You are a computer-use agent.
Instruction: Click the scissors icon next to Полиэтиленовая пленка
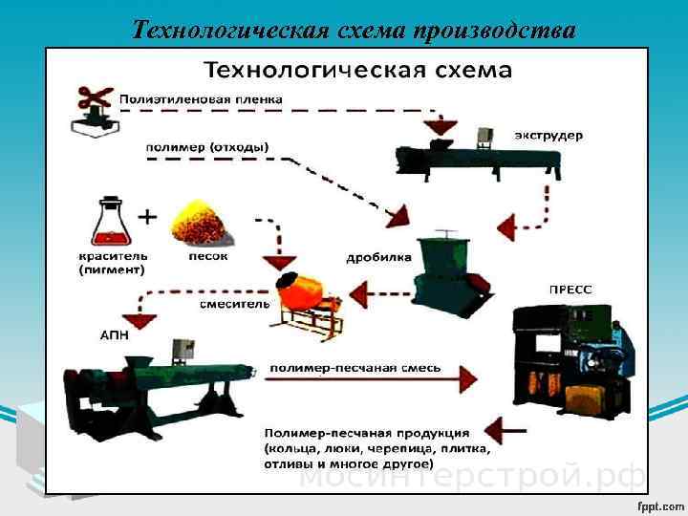(x=94, y=106)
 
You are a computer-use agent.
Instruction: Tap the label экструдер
(x=548, y=136)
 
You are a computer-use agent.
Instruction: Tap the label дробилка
(x=378, y=257)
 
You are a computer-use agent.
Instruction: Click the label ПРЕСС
(x=569, y=287)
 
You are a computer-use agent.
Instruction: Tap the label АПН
(x=115, y=335)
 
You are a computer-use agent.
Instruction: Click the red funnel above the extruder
(x=441, y=128)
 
